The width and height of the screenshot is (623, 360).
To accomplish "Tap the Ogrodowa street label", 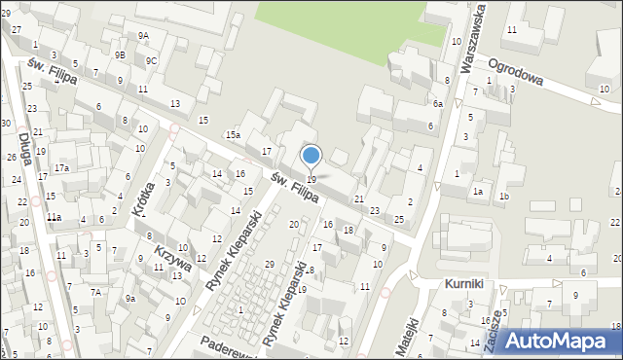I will [x=515, y=71].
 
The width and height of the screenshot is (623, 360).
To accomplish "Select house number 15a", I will [x=234, y=135].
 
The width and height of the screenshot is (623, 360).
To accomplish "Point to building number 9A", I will [x=143, y=35].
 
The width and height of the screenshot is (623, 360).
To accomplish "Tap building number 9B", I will [x=119, y=55].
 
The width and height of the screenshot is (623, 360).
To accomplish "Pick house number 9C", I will [x=151, y=60].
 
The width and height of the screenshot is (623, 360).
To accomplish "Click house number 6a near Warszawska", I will [x=438, y=104].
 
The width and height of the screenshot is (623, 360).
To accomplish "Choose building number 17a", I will [x=61, y=168].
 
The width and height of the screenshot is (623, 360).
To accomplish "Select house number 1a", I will [x=478, y=192].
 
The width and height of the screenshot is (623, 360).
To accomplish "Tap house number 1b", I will [x=503, y=197].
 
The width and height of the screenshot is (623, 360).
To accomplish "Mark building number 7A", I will [x=96, y=292].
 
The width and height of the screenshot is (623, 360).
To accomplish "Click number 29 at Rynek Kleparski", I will [x=270, y=265].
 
